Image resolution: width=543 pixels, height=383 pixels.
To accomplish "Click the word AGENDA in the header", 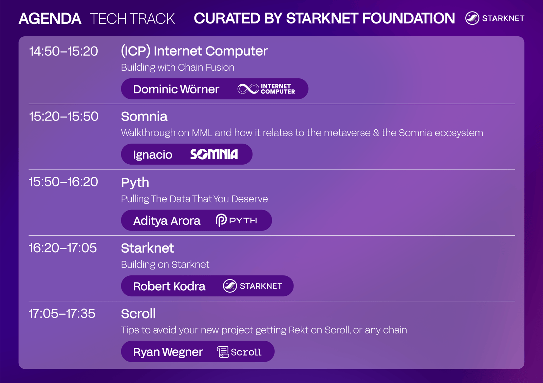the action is click(50, 19).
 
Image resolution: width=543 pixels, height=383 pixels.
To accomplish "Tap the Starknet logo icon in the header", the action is click(472, 18).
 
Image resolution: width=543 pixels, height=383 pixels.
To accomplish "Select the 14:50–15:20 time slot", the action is click(63, 51).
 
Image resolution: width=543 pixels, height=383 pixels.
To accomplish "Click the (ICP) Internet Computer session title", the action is click(194, 51).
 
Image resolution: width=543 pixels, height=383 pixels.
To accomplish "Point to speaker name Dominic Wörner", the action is click(176, 89).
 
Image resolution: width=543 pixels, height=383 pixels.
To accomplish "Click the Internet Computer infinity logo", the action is click(248, 89).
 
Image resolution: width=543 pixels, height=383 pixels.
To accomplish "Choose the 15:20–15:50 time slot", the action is click(64, 116).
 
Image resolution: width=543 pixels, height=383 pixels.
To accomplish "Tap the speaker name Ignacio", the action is click(153, 155).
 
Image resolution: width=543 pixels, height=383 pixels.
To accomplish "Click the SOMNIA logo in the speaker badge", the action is click(214, 154).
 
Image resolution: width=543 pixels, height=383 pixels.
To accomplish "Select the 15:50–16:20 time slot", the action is click(63, 182).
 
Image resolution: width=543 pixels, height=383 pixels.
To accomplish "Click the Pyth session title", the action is click(135, 183).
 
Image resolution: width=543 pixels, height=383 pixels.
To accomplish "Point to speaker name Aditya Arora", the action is click(167, 221).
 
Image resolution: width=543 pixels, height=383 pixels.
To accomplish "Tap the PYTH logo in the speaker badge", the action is click(236, 220).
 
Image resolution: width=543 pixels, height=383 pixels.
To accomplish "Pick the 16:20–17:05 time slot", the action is click(63, 248).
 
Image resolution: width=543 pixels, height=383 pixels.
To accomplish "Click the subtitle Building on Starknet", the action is click(165, 265).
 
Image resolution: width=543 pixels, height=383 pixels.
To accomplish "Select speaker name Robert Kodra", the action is click(169, 286).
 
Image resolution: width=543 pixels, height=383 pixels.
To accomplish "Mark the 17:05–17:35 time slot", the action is click(62, 313).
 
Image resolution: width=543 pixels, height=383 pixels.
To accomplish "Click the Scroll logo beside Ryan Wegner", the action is click(239, 352).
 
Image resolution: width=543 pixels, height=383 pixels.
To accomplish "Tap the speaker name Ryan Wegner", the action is click(168, 352).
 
